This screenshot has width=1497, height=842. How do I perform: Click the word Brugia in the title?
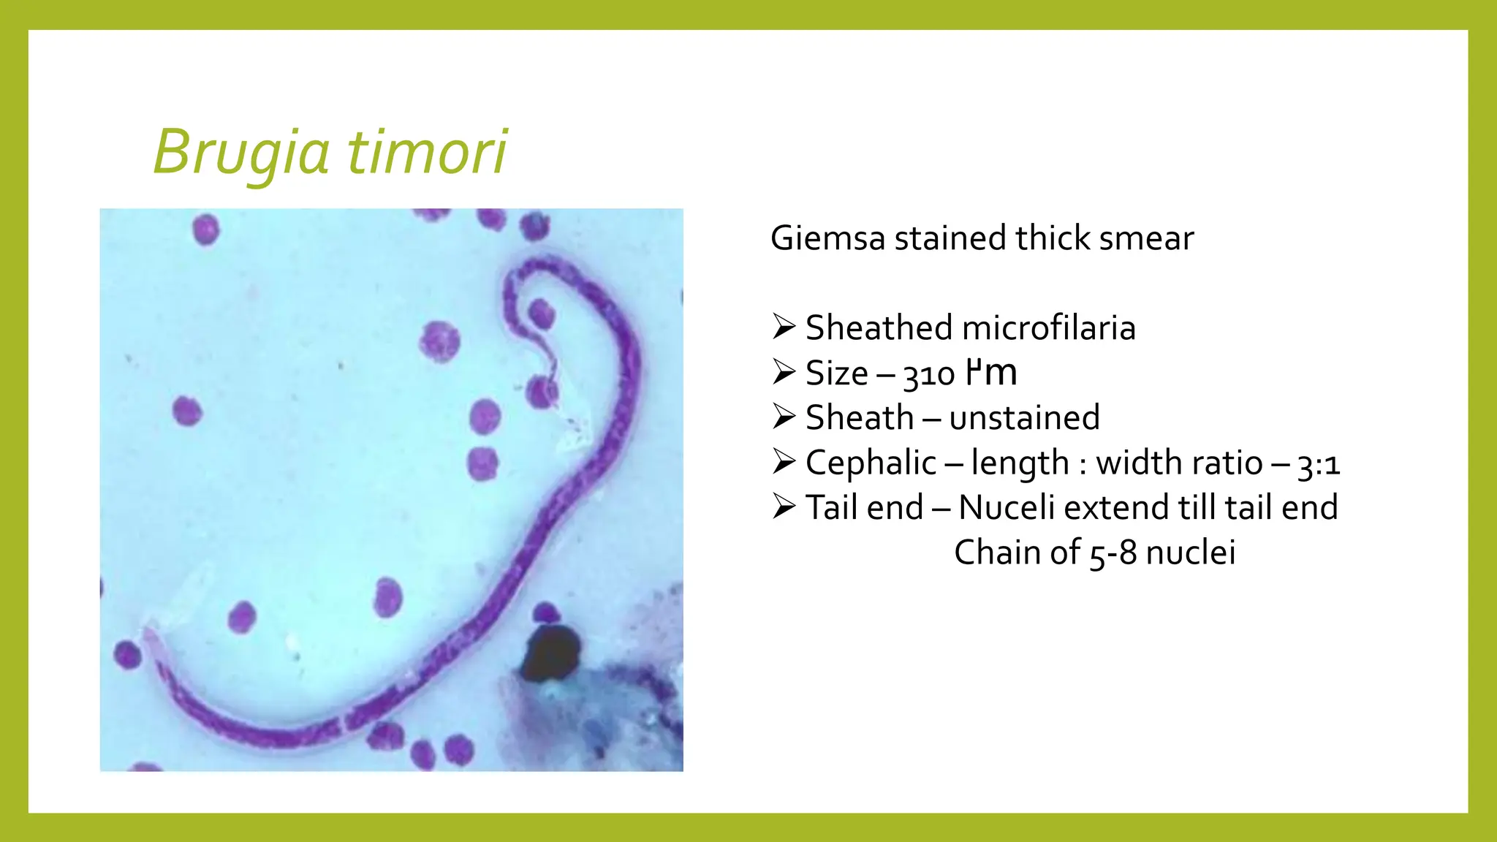(241, 152)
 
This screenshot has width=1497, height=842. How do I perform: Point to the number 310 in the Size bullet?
(928, 374)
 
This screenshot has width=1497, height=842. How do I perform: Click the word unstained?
(1024, 418)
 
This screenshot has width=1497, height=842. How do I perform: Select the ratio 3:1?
(1319, 464)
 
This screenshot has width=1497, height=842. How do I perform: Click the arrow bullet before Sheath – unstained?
(784, 417)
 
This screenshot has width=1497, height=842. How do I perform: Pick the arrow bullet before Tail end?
(784, 507)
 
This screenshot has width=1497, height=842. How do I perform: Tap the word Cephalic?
(871, 463)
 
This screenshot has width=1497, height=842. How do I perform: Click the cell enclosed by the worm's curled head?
(541, 314)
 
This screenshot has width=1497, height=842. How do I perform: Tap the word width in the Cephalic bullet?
(1141, 463)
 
